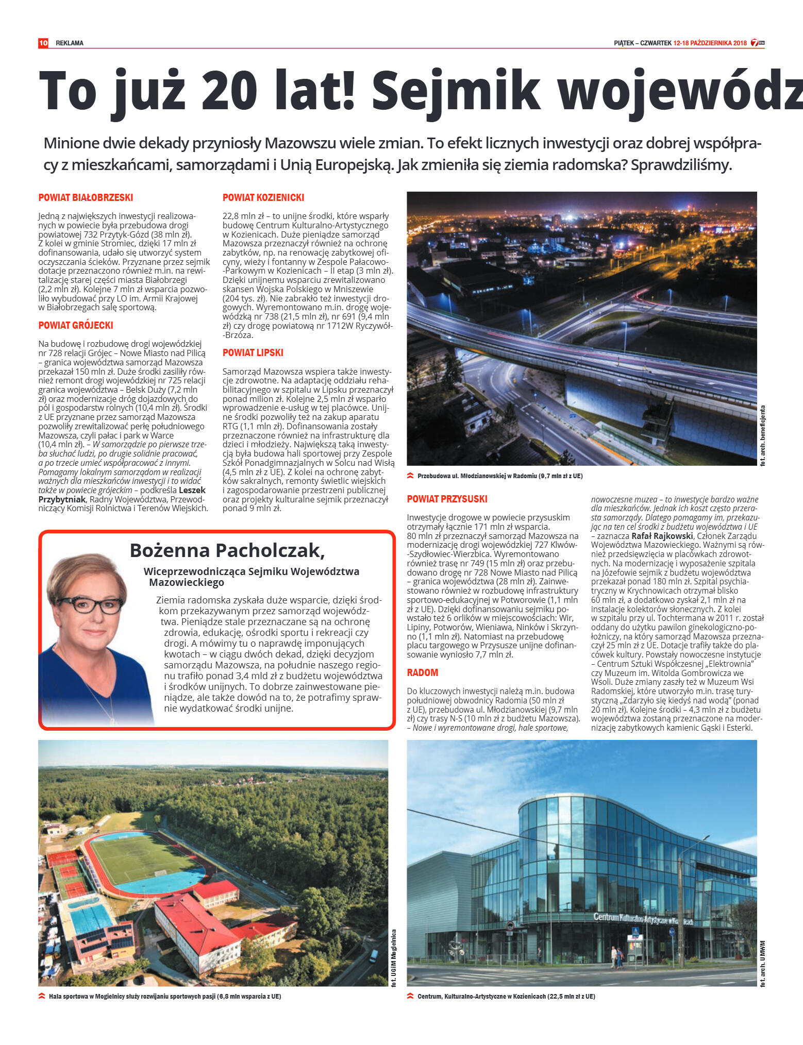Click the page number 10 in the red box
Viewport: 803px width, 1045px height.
tap(43, 43)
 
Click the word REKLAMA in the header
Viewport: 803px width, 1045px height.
tap(70, 43)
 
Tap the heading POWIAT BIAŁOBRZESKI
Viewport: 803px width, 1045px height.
tap(86, 197)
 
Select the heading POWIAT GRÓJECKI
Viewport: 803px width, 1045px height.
tap(76, 325)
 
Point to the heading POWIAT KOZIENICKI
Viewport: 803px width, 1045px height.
tap(263, 197)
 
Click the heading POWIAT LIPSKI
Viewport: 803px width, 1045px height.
tap(253, 353)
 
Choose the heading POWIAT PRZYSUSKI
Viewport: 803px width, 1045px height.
tap(447, 499)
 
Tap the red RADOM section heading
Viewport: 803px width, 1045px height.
tap(423, 672)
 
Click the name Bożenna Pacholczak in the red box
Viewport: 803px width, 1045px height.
tap(227, 550)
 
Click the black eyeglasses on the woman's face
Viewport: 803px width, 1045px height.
tap(90, 604)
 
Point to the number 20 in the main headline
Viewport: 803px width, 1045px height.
tap(229, 90)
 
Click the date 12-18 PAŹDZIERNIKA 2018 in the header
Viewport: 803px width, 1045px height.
tap(710, 43)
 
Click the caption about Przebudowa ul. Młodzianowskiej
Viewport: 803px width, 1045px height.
tap(500, 476)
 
